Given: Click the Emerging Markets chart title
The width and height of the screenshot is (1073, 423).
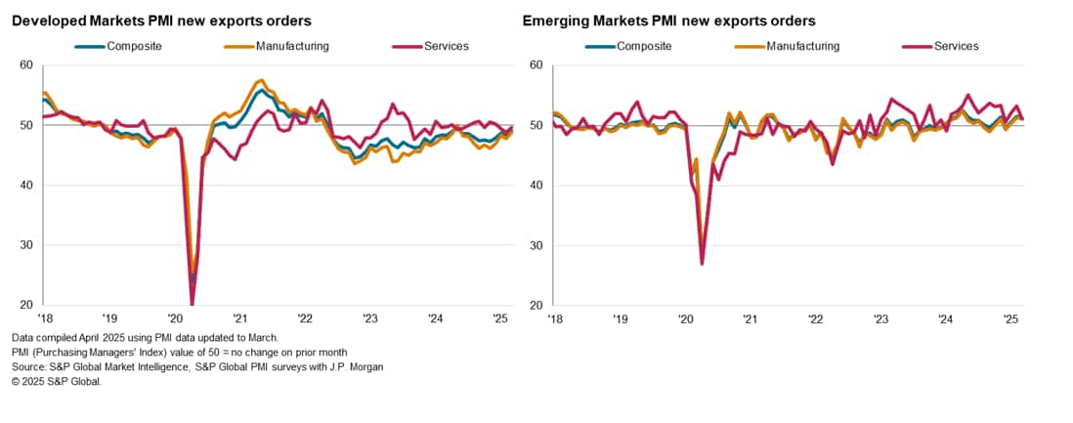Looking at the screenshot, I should click(669, 21).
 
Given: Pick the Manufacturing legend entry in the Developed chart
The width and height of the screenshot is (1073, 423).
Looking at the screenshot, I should click(291, 46).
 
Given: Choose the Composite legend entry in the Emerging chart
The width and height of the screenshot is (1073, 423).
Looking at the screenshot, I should click(646, 46).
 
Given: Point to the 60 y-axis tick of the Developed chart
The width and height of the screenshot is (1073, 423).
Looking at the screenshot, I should click(26, 65).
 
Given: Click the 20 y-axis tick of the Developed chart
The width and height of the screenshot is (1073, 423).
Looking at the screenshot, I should click(26, 305).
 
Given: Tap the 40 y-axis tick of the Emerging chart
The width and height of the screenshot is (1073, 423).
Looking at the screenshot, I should click(536, 186).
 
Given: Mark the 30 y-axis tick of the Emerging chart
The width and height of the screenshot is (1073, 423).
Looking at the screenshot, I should click(536, 245).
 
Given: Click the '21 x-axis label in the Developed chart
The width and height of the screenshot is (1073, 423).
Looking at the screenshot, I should click(239, 318).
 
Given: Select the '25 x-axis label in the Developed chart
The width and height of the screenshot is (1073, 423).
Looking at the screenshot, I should click(498, 318).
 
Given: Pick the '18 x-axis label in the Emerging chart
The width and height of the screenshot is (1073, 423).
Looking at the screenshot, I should click(555, 318).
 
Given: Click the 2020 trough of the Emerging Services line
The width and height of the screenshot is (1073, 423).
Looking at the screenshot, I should click(702, 263).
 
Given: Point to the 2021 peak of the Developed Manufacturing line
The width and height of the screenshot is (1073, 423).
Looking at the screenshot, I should click(259, 80).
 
